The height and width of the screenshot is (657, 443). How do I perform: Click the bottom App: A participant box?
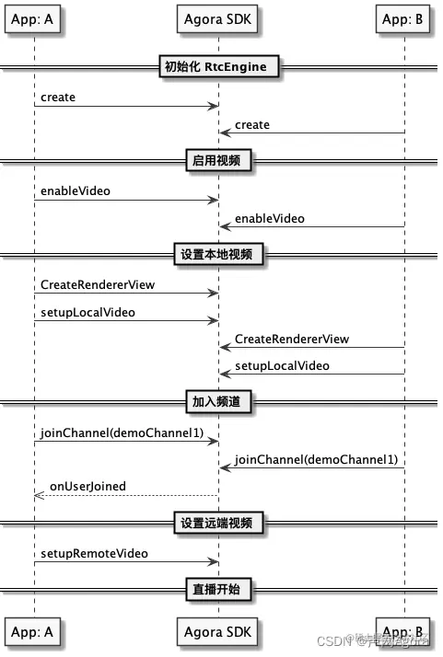coord(34,632)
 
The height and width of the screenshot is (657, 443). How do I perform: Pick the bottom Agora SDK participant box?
coord(218,632)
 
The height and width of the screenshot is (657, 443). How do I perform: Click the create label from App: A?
coord(58,97)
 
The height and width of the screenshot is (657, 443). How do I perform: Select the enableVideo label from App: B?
coord(270,219)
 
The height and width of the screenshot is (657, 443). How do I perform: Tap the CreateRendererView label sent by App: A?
coord(98,285)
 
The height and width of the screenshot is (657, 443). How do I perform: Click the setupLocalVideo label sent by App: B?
coord(282,365)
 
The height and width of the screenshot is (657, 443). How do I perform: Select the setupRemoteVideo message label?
coord(94,554)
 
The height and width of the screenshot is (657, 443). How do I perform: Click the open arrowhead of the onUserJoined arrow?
coord(39,495)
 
